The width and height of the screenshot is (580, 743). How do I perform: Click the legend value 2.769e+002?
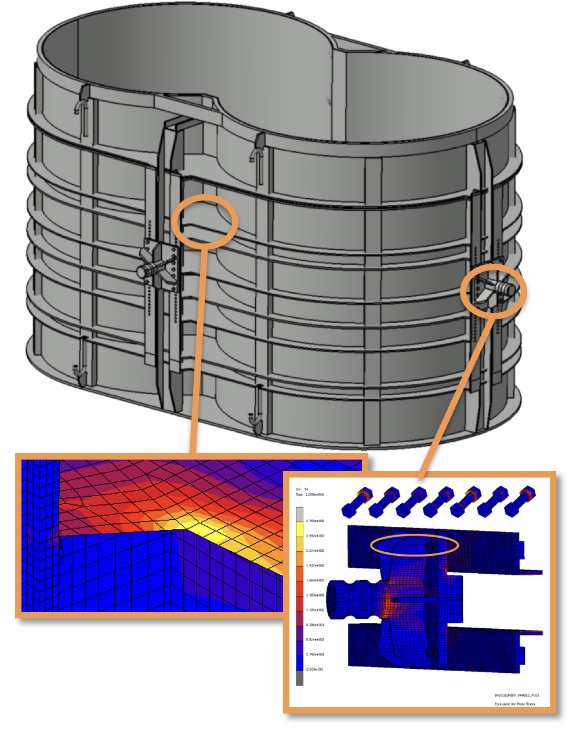pyautogui.click(x=315, y=521)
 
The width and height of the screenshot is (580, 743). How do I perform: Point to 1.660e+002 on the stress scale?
pyautogui.click(x=315, y=580)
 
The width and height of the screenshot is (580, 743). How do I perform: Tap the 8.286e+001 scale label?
pyautogui.click(x=315, y=625)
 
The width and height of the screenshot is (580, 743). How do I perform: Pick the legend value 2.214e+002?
pyautogui.click(x=315, y=551)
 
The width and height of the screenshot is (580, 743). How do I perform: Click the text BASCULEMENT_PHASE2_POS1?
pyautogui.click(x=517, y=694)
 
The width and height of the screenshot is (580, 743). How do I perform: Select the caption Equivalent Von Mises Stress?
pyautogui.click(x=514, y=704)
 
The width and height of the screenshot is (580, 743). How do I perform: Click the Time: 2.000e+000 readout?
pyautogui.click(x=310, y=495)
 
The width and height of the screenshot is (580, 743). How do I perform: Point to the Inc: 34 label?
pyautogui.click(x=302, y=489)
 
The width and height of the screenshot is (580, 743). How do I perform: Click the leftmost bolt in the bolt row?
pyautogui.click(x=356, y=502)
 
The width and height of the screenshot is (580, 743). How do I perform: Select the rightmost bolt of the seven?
pyautogui.click(x=520, y=501)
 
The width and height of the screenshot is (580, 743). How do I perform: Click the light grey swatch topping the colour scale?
pyautogui.click(x=299, y=514)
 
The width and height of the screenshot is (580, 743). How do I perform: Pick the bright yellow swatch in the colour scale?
pyautogui.click(x=299, y=529)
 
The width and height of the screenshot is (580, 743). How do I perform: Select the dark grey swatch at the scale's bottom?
pyautogui.click(x=299, y=678)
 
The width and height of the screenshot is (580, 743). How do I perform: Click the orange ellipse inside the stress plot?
pyautogui.click(x=414, y=545)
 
